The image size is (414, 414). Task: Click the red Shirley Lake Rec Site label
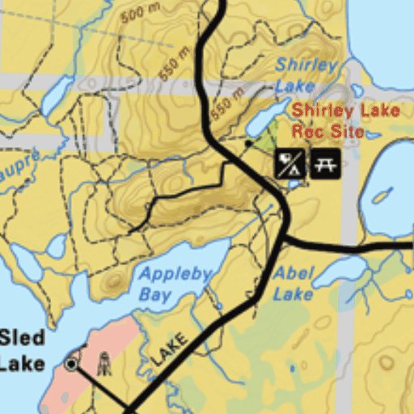(x=327, y=120)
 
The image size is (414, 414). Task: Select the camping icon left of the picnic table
(x=289, y=163)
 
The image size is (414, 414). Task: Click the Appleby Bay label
(x=175, y=283)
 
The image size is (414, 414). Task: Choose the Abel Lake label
(x=293, y=283)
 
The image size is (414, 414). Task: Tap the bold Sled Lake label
(x=22, y=350)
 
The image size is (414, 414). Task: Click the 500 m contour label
(x=139, y=14)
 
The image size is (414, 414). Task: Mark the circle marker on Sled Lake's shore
(x=72, y=364)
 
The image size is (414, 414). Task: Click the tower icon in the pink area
(x=103, y=365)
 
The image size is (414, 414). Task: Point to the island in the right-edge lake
(x=379, y=197)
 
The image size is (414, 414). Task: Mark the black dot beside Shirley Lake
(x=249, y=143)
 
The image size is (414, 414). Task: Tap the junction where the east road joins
(x=284, y=239)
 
